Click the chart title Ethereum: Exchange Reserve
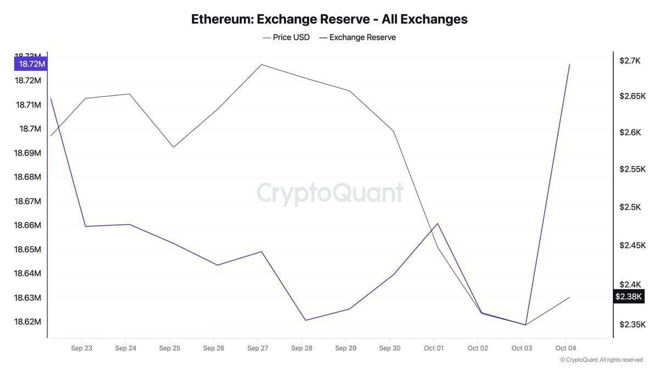329,19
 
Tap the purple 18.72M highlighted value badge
32,64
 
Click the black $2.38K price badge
628,297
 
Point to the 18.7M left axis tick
30,129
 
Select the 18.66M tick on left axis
27,225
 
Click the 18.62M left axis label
27,322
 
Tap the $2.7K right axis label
630,60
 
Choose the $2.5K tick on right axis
630,207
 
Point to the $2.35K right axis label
632,324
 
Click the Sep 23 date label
81,348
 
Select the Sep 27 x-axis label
258,348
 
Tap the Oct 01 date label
433,348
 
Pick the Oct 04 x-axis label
566,348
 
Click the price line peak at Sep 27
261,64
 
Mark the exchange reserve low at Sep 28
305,320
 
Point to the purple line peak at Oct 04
569,64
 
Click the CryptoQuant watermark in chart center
330,193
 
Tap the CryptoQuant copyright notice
601,360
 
